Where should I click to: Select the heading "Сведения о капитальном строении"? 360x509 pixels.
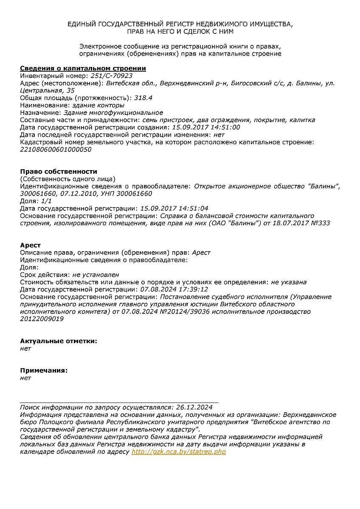(83, 68)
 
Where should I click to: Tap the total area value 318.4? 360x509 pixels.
(143, 98)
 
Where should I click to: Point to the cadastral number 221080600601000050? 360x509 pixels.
(56, 149)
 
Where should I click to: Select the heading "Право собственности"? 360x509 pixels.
(59, 171)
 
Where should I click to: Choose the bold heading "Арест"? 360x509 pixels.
(31, 245)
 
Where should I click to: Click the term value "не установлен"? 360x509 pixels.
(96, 275)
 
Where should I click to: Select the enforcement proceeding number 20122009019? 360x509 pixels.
(42, 319)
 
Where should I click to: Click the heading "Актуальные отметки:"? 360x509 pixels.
(59, 341)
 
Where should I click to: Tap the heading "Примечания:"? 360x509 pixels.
(44, 370)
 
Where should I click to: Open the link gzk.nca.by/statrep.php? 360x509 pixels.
(179, 452)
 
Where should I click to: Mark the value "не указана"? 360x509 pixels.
(289, 282)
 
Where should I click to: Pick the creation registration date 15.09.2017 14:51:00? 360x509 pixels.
(205, 127)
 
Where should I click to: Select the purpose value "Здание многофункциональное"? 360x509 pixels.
(113, 112)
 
